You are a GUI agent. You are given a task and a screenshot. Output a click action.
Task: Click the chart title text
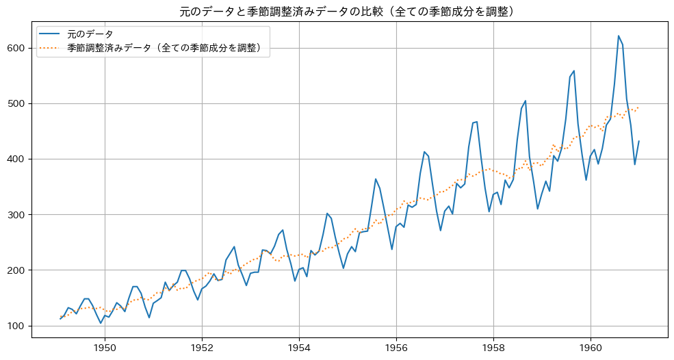click(x=337, y=11)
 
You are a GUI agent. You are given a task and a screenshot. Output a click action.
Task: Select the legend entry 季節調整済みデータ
click(x=164, y=49)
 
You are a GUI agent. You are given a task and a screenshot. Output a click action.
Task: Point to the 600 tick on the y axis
click(x=17, y=48)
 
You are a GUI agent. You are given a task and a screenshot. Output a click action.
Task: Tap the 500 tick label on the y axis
click(x=17, y=103)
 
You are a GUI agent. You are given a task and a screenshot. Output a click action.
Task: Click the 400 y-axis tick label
click(x=17, y=159)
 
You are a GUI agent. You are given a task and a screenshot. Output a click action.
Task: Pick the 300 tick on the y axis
click(x=17, y=214)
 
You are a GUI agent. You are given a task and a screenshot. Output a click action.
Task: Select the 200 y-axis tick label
click(x=17, y=270)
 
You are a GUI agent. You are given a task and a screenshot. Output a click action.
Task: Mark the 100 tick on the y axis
click(x=17, y=326)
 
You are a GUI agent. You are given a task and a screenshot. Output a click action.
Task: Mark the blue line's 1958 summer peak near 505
click(x=526, y=101)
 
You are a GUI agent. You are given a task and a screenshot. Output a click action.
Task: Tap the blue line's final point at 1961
click(x=639, y=141)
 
